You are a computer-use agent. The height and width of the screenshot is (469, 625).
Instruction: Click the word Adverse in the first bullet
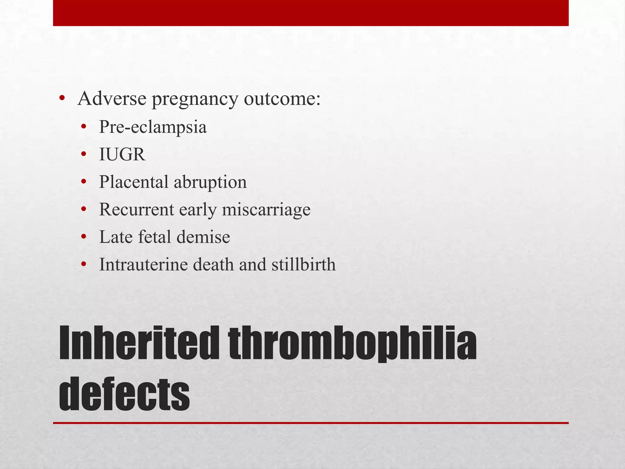coord(112,99)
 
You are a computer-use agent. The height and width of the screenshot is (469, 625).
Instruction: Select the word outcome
coord(282,99)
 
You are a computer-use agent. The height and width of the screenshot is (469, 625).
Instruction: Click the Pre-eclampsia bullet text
coord(153,127)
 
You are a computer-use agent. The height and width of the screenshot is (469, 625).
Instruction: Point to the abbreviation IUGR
coord(122,155)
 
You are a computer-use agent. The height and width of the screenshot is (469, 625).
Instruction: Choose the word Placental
coord(133,182)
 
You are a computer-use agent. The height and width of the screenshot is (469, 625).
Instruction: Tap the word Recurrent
coord(136,209)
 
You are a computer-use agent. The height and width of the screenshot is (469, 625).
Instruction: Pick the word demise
coord(203,237)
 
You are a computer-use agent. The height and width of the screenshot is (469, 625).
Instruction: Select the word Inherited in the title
coord(139,343)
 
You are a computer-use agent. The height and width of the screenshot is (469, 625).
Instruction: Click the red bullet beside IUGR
coord(84,155)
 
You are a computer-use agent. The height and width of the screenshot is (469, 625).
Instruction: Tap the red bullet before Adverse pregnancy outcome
coord(62,99)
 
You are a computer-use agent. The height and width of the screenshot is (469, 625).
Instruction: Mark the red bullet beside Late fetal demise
coord(84,237)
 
